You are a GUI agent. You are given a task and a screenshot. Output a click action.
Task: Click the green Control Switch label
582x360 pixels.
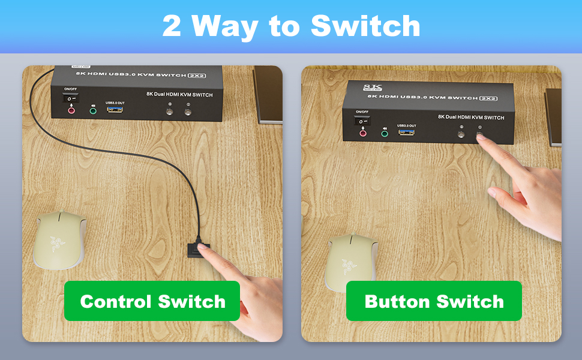152,301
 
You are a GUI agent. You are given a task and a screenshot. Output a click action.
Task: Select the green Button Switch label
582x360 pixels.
434,301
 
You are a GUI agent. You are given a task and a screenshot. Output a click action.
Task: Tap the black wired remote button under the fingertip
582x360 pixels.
197,247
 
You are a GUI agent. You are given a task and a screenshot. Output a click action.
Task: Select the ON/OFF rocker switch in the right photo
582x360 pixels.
362,121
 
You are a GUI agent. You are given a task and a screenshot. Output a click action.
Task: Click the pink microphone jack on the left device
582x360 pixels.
71,110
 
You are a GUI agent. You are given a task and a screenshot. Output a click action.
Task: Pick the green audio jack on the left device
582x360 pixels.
93,110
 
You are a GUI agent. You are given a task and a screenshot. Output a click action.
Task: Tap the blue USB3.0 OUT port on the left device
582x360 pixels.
115,110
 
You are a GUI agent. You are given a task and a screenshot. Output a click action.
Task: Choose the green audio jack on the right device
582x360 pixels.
384,133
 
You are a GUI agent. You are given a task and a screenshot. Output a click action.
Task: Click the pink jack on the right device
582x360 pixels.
362,133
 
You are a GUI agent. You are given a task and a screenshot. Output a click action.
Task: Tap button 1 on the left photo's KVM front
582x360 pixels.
170,112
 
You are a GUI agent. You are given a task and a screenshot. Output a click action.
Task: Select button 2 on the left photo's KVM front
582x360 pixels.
188,112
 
